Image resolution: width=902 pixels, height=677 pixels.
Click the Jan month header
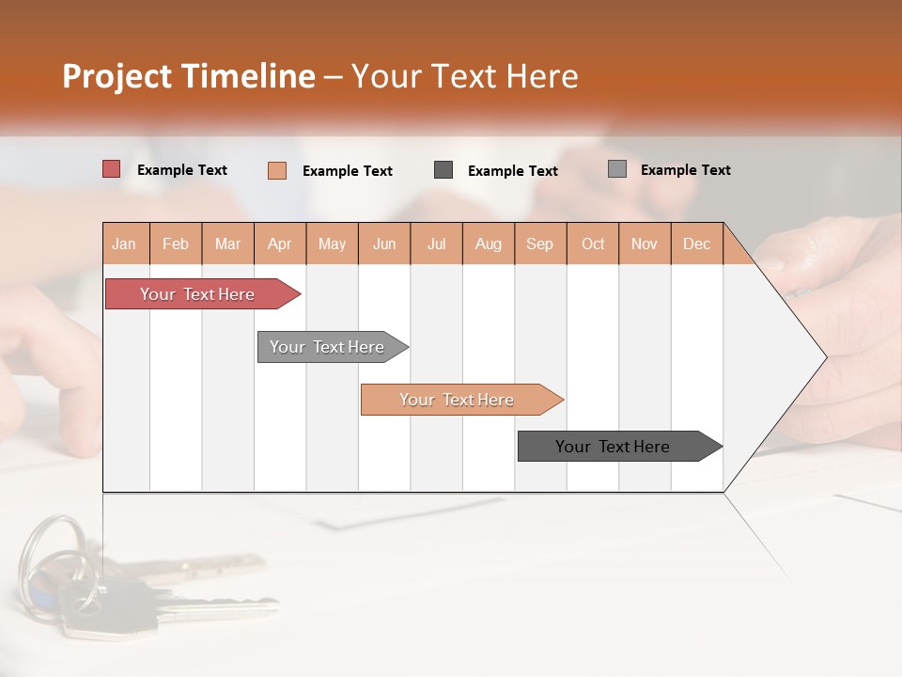coord(125,244)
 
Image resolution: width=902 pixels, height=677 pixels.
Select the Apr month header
coord(280,244)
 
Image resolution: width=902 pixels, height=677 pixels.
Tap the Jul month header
coord(436,244)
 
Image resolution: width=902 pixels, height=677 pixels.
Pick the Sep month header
coord(539,244)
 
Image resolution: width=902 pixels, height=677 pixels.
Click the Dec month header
coord(696,244)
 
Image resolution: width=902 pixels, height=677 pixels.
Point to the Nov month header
coord(644,244)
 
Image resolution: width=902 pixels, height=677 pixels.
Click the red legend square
coord(112,169)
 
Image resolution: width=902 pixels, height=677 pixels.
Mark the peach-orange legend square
coord(277,170)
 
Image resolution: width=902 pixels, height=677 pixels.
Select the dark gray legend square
coord(443,169)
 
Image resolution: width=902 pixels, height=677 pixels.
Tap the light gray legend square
coord(616,169)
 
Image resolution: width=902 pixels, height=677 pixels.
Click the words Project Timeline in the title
coord(188,76)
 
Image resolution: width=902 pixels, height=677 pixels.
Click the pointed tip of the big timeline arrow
coord(824,356)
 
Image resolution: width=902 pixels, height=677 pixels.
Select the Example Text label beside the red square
coord(182,170)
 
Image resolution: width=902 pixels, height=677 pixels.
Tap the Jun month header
coord(384,244)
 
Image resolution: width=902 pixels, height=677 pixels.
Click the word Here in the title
coord(542,76)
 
